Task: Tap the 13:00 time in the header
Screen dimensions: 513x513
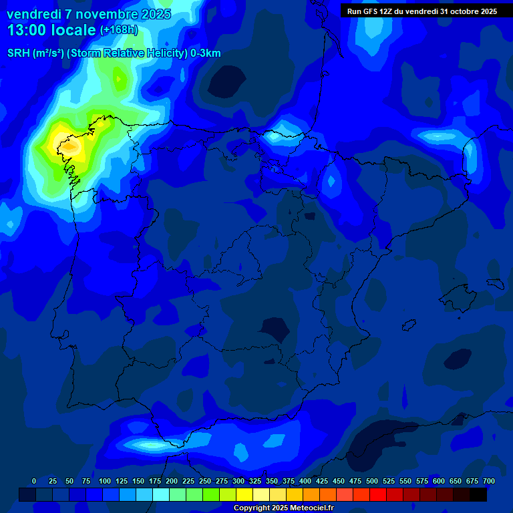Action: (x=27, y=30)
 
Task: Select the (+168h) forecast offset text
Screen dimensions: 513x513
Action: (x=119, y=30)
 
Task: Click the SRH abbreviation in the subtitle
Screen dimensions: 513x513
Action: (x=19, y=53)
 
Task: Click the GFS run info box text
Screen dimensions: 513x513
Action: (x=422, y=11)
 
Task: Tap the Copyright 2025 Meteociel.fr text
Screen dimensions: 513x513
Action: (x=283, y=508)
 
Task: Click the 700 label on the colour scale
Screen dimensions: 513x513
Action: (x=489, y=482)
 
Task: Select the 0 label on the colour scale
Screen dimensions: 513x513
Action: (x=34, y=482)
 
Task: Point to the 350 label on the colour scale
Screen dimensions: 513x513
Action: (x=272, y=482)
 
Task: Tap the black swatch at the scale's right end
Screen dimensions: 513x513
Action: (x=478, y=494)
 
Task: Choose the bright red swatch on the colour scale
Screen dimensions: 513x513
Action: (x=378, y=494)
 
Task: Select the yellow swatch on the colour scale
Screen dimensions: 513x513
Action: (x=244, y=494)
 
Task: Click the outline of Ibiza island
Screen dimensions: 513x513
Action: (x=409, y=325)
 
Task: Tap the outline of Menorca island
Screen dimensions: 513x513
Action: (x=495, y=283)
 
